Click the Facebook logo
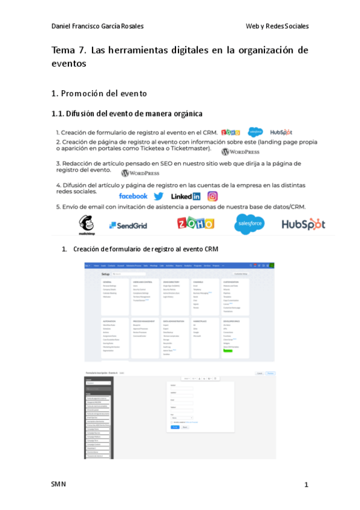click(133, 196)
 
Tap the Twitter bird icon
click(159, 196)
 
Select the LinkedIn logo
click(186, 196)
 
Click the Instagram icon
click(212, 196)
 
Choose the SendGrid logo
click(128, 226)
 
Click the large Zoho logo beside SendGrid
click(195, 224)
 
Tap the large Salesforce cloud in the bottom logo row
click(249, 224)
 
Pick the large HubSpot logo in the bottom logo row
click(304, 224)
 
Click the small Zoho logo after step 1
click(230, 132)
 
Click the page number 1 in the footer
click(306, 485)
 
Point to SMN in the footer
click(59, 484)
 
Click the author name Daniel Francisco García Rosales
click(97, 26)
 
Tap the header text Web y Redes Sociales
click(277, 26)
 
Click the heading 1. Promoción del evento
click(99, 94)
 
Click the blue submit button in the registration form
click(175, 427)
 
